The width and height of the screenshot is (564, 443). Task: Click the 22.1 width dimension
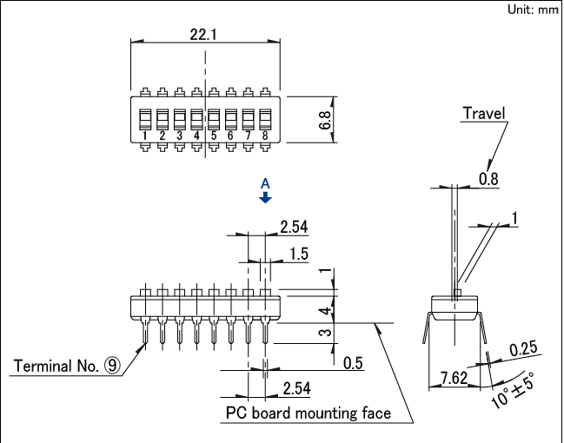(204, 34)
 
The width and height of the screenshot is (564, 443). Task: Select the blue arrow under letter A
(267, 198)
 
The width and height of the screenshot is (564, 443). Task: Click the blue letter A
(267, 183)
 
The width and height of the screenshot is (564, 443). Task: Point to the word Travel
(483, 113)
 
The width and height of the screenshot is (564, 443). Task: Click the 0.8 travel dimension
(489, 179)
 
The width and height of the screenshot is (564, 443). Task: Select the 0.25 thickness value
(523, 348)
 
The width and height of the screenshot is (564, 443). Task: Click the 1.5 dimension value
(298, 254)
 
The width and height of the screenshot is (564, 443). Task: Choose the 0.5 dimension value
(353, 362)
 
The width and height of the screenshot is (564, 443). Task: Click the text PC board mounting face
(309, 413)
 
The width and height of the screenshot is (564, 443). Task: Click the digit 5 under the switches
(213, 136)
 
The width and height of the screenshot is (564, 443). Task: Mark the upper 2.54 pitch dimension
(294, 228)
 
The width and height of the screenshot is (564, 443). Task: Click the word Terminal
(44, 366)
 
